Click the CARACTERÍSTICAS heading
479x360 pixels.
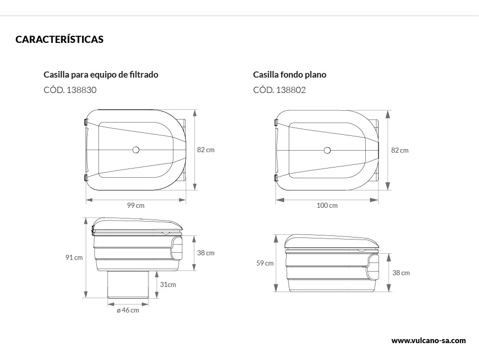59,39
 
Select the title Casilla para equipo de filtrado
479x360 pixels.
101,75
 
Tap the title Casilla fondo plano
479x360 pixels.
289,75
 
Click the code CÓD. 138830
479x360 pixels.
70,90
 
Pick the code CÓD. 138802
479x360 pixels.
279,90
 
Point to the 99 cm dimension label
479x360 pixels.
136,205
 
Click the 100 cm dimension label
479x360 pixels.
327,205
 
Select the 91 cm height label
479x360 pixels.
74,257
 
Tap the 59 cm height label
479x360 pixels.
265,263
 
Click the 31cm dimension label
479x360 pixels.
168,284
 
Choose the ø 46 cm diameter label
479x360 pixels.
128,310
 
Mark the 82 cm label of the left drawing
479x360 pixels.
206,150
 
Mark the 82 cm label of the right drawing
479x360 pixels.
400,150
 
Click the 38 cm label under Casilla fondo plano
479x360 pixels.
401,273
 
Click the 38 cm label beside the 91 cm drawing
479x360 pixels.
206,253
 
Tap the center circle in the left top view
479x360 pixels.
136,150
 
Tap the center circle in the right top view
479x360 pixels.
327,150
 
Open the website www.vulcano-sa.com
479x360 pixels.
428,340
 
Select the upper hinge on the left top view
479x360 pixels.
86,122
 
